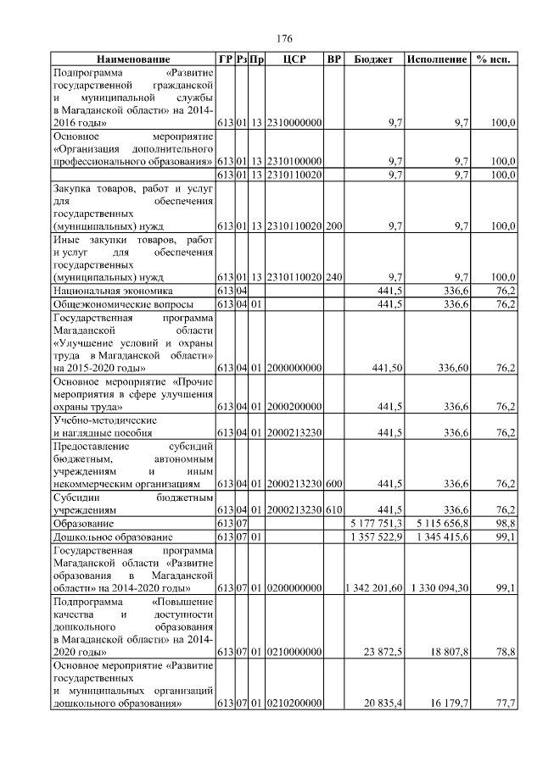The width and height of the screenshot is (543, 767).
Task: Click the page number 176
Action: point(285,39)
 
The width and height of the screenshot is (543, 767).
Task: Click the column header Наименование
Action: point(132,60)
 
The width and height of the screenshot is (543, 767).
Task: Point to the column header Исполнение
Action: point(437,60)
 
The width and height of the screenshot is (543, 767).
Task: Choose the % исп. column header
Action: point(494,60)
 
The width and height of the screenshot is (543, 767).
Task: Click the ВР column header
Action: point(334,60)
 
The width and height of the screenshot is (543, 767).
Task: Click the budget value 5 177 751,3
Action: point(373,525)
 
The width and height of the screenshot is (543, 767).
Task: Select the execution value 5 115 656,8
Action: point(437,525)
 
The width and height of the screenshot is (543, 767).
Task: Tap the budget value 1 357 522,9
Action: point(373,537)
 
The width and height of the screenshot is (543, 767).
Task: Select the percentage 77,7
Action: point(506,703)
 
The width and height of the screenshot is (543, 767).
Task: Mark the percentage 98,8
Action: point(506,525)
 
